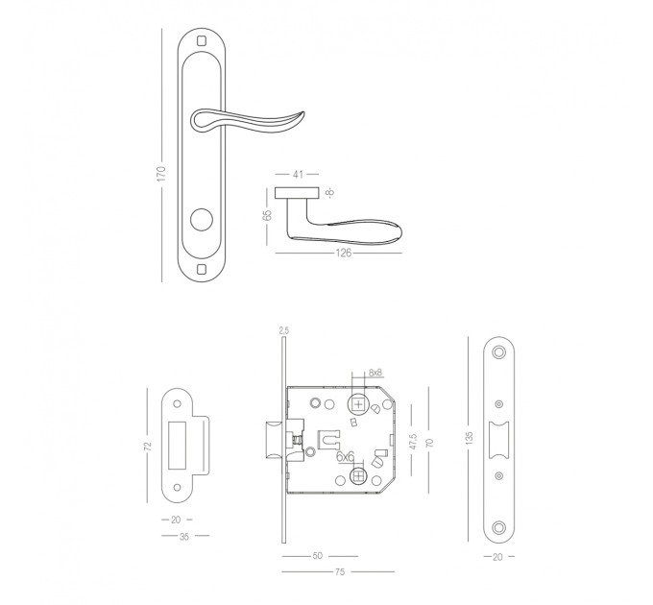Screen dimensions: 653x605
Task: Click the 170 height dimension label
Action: (x=161, y=174)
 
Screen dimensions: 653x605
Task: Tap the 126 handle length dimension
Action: (x=344, y=253)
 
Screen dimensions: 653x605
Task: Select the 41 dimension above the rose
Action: (x=298, y=174)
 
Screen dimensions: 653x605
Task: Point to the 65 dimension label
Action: (x=267, y=215)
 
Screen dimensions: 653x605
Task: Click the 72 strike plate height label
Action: (x=148, y=446)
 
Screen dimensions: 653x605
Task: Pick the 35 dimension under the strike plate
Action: (x=184, y=537)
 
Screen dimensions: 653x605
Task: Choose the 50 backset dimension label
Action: (x=317, y=556)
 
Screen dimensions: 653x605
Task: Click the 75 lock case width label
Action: (x=340, y=571)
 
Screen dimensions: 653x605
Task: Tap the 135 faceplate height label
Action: (x=470, y=438)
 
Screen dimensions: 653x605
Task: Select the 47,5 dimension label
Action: (x=413, y=441)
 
